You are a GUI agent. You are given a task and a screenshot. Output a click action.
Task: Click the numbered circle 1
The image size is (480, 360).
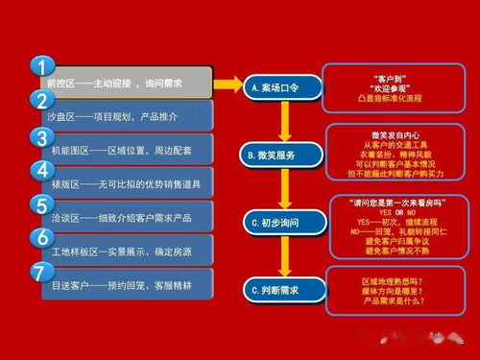tap(41, 67)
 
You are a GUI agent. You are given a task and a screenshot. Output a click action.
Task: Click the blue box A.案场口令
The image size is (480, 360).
tap(284, 86)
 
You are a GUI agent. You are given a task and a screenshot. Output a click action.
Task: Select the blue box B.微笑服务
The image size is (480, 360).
tap(284, 154)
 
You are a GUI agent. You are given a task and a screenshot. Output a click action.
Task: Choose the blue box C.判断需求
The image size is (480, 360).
tap(284, 288)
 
